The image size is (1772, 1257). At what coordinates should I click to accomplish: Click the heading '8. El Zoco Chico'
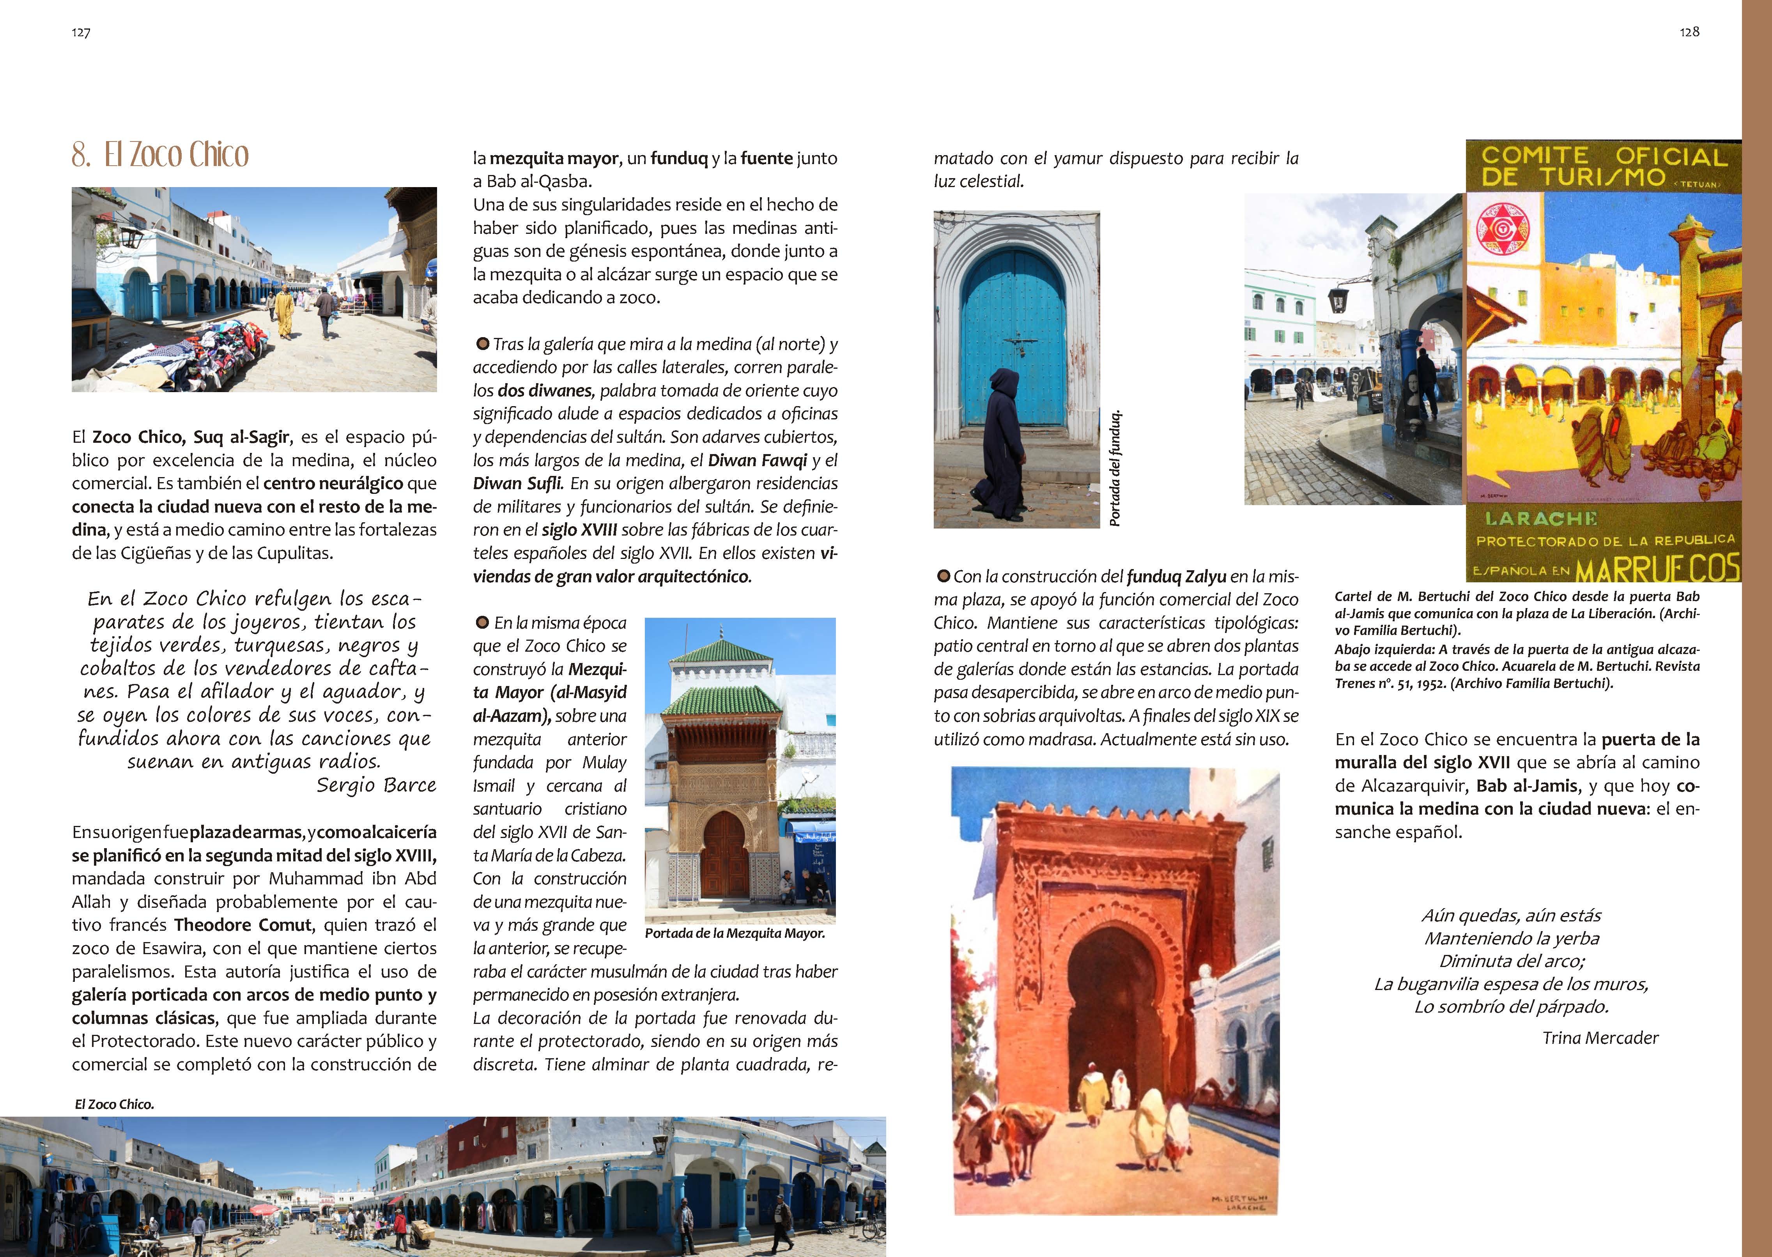click(x=160, y=155)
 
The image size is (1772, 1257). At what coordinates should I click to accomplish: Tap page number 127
click(x=81, y=32)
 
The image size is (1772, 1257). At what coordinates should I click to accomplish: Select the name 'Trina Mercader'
click(x=1600, y=1038)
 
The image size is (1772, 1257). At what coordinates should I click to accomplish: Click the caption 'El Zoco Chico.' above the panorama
click(x=115, y=1105)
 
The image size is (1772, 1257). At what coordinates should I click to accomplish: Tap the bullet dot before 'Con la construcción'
click(x=943, y=576)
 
